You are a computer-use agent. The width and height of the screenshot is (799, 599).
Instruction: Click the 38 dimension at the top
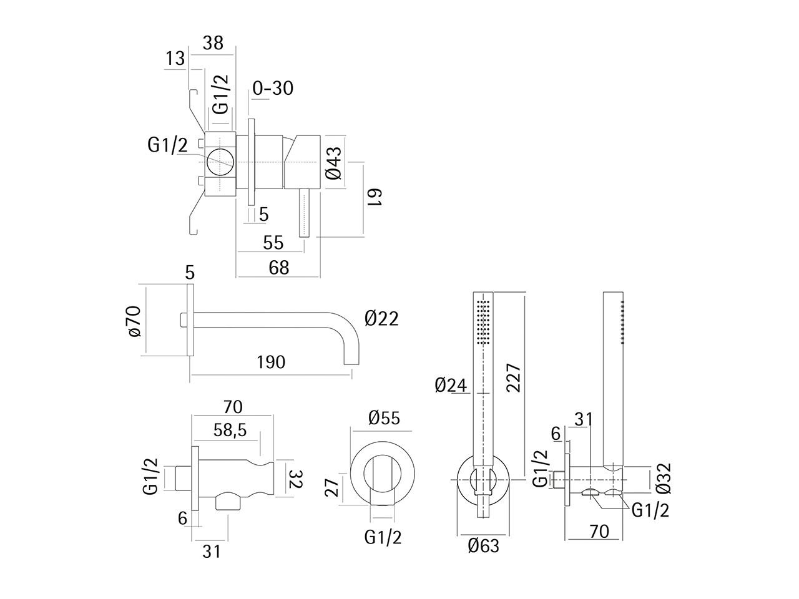[x=213, y=42]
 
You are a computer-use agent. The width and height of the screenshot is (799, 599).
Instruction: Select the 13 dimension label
[x=175, y=58]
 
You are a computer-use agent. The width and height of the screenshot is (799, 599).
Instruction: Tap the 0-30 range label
[x=273, y=88]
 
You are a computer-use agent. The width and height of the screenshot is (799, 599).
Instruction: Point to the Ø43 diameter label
[x=333, y=163]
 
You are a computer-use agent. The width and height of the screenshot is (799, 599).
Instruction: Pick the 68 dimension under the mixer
[x=278, y=267]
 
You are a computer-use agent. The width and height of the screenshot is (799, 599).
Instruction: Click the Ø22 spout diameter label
[x=381, y=319]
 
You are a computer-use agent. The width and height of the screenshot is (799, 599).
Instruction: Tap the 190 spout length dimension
[x=271, y=362]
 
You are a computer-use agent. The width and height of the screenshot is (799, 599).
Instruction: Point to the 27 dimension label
[x=333, y=486]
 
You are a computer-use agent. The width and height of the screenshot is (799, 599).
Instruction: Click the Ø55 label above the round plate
[x=384, y=417]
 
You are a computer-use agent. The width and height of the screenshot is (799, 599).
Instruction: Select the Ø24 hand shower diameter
[x=451, y=385]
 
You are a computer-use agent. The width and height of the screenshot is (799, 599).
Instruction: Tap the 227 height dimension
[x=514, y=378]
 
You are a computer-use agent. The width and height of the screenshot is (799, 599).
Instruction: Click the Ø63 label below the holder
[x=484, y=546]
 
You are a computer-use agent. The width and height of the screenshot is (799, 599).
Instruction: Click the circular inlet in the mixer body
[x=220, y=163]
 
